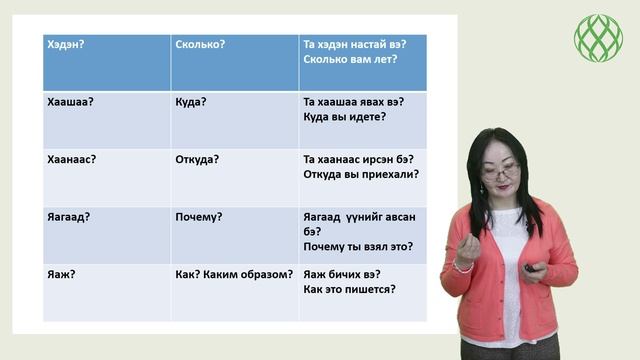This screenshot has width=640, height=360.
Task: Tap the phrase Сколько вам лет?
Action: click(349, 59)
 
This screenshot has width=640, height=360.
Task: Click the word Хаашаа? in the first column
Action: click(70, 102)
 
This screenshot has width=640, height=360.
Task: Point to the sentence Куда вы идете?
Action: click(344, 117)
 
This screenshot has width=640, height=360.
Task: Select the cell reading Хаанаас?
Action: click(71, 159)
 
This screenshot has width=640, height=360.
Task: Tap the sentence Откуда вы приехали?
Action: click(360, 174)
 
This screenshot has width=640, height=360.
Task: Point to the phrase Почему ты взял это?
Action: click(357, 247)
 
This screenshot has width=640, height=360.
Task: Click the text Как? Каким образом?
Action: click(234, 274)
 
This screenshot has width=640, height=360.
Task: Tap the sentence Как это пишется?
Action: click(349, 289)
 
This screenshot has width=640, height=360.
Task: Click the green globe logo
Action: click(598, 38)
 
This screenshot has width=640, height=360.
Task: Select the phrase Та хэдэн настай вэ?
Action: click(357, 44)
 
